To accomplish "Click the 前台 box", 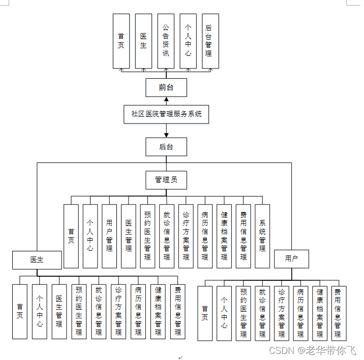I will tap(166, 87).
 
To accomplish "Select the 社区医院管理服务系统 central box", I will tap(166, 114).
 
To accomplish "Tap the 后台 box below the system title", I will tap(166, 147).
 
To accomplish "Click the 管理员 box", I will tap(166, 179).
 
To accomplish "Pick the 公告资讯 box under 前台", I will tap(166, 41).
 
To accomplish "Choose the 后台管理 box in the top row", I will tap(210, 41).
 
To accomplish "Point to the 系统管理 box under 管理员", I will tap(262, 236).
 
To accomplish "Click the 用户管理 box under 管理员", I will tap(109, 236).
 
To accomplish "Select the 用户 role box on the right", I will tap(292, 258).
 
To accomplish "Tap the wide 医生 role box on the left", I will tap(37, 259).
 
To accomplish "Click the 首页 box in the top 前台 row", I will tap(121, 41).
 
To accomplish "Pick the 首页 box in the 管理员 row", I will tap(71, 236).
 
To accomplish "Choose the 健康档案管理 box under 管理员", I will tap(224, 236).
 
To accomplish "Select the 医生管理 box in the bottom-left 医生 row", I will tap(59, 311).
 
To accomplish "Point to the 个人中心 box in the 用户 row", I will tap(224, 313).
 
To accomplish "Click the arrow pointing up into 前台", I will tap(166, 100).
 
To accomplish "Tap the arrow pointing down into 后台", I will tap(166, 135).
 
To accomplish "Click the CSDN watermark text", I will tap(312, 350).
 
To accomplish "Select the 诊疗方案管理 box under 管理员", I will tap(186, 236).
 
